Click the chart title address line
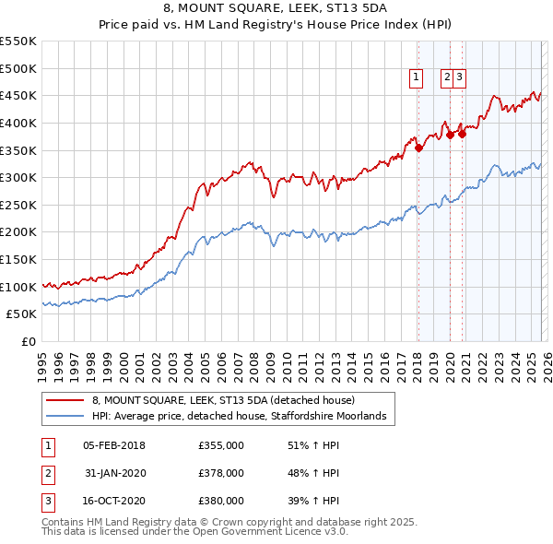click(x=276, y=8)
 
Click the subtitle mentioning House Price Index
click(x=276, y=26)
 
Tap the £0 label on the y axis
click(x=28, y=342)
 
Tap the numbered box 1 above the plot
click(x=418, y=78)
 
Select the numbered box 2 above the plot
click(x=447, y=78)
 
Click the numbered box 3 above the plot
click(x=459, y=78)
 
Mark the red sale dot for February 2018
click(x=418, y=147)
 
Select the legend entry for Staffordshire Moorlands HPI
click(x=244, y=417)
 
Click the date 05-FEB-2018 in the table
click(x=113, y=445)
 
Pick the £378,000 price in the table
click(x=221, y=473)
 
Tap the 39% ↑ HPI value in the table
click(x=313, y=501)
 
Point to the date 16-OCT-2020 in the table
click(x=113, y=501)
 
